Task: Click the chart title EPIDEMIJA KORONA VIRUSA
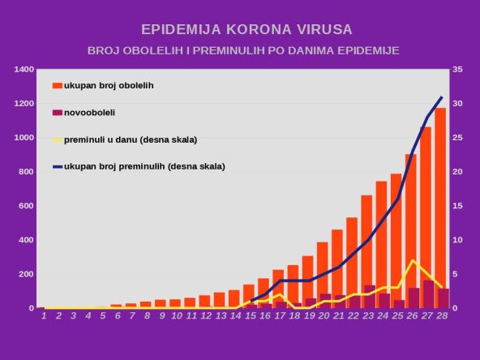[x=246, y=29]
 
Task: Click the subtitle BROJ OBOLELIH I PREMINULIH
[x=243, y=50]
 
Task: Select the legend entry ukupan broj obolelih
[x=109, y=85]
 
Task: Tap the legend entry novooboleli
[x=89, y=113]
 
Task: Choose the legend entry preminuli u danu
[x=130, y=139]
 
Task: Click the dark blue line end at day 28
[x=442, y=97]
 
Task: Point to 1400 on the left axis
[x=24, y=70]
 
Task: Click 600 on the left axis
[x=26, y=206]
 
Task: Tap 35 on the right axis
[x=457, y=70]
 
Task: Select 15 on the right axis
[x=457, y=206]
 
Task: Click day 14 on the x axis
[x=235, y=315]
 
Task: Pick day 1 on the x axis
[x=43, y=315]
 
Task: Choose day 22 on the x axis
[x=353, y=315]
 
